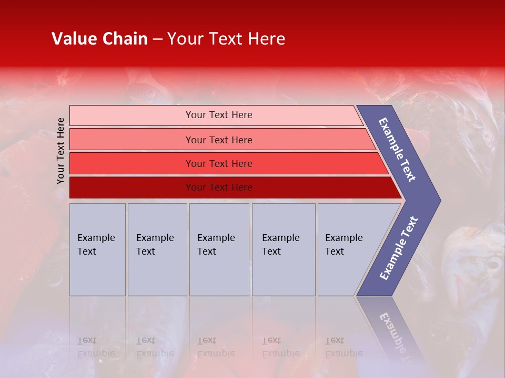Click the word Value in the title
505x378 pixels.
73,39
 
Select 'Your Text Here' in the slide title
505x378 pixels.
226,39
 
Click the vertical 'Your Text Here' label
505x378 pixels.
60,151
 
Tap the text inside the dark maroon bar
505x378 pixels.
219,187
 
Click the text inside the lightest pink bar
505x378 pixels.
219,115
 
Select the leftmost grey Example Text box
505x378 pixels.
97,249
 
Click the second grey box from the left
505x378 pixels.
157,249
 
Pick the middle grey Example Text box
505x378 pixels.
219,249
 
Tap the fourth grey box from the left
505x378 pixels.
283,249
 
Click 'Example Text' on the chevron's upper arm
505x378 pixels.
398,150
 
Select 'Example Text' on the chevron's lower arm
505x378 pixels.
399,248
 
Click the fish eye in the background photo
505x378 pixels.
493,263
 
